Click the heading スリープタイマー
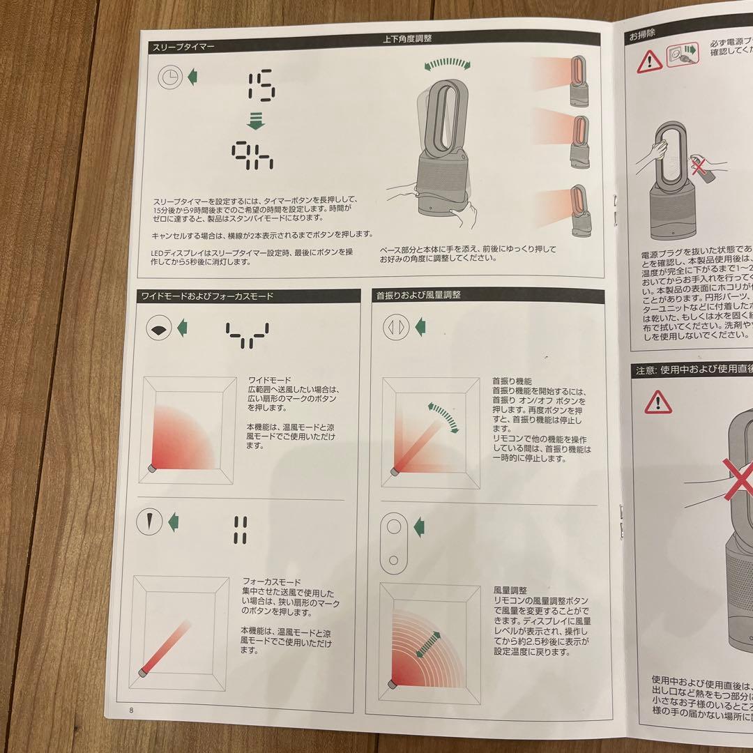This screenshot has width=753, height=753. click(184, 47)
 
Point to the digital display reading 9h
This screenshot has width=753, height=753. click(253, 156)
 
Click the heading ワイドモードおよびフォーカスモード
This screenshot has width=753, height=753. click(207, 296)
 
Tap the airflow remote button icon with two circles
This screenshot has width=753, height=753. click(394, 541)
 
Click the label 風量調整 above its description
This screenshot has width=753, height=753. click(510, 590)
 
